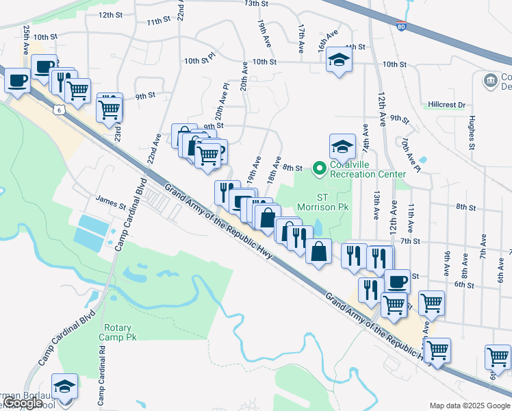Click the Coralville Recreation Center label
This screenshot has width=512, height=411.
[368, 169]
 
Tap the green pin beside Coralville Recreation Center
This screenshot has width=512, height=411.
[318, 167]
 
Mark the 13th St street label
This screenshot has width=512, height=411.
[256, 3]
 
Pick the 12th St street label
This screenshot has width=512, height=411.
[110, 14]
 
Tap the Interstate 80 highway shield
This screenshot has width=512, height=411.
[401, 27]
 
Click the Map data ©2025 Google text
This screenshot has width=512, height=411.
[470, 406]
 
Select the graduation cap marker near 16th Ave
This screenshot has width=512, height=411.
[338, 60]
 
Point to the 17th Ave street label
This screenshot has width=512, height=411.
[300, 39]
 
